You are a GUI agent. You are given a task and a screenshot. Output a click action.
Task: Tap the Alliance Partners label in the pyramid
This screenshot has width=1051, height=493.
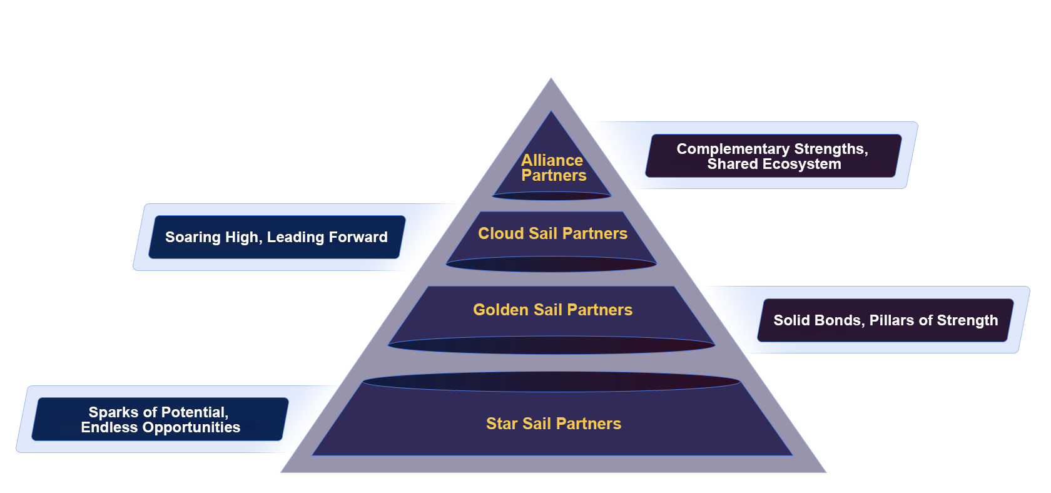[x=553, y=168]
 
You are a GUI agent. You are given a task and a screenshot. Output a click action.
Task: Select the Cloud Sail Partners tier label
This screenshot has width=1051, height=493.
[x=552, y=233]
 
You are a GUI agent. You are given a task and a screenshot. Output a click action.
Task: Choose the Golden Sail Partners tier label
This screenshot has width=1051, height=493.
[x=552, y=310]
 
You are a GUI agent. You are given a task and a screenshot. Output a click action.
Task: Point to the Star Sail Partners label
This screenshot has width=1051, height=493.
[x=554, y=424]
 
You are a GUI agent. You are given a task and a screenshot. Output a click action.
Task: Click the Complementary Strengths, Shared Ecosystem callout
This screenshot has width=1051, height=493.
[x=773, y=156]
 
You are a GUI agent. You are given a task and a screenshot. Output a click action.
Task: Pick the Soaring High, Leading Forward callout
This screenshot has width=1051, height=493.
[x=277, y=237]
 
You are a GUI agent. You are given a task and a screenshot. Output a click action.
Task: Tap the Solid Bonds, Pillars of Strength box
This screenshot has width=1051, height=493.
[x=885, y=320]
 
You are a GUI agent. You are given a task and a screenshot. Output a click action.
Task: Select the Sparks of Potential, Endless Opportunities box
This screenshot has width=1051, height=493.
[x=160, y=420]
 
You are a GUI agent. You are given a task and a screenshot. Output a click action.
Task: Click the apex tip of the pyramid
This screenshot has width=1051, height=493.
[x=551, y=80]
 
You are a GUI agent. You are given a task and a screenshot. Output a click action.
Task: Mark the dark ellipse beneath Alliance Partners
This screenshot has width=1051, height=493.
[x=552, y=196]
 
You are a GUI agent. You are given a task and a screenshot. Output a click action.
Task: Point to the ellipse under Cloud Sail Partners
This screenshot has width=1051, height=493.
[x=551, y=264]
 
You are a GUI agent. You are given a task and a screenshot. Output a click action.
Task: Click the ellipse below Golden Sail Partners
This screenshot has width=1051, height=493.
[x=551, y=345]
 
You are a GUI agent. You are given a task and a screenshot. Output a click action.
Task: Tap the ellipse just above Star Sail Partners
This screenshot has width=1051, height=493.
[x=551, y=382]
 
